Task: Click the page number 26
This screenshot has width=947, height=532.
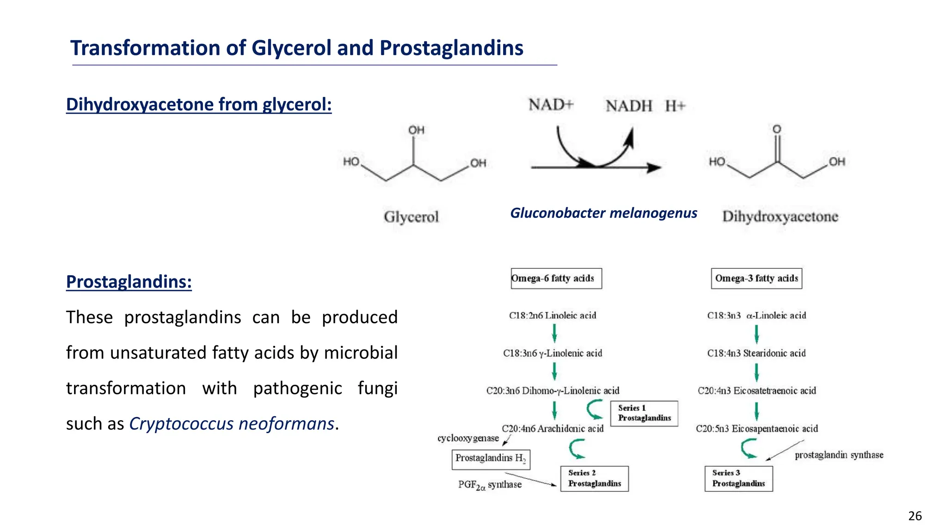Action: (915, 516)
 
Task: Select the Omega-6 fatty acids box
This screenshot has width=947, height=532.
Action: (556, 278)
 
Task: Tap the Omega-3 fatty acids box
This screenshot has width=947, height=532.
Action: (756, 278)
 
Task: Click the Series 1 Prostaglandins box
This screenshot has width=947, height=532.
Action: (644, 413)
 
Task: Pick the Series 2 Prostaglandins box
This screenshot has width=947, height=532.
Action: (594, 478)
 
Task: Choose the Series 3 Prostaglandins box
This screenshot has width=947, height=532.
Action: (738, 478)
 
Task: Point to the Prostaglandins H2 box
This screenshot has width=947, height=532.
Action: (491, 459)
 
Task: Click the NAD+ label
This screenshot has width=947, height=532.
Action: (551, 105)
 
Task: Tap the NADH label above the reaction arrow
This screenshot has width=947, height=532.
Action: (629, 106)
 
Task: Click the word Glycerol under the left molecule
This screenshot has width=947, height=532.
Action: (411, 217)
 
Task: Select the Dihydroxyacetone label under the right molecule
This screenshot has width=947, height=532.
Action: (780, 217)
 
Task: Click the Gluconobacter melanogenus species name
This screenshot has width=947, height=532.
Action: (603, 213)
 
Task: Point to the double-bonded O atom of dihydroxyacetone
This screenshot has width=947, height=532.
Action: (777, 129)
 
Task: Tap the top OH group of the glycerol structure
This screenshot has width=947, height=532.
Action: (416, 130)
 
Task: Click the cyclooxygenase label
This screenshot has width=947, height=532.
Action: (468, 438)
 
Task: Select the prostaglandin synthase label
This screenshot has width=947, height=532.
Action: (839, 455)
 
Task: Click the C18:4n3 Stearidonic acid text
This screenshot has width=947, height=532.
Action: (756, 353)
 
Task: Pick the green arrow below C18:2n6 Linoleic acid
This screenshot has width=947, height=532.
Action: (554, 333)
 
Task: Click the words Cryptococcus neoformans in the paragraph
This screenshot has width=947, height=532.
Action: (231, 423)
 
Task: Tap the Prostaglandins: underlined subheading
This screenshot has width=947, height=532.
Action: (129, 282)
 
